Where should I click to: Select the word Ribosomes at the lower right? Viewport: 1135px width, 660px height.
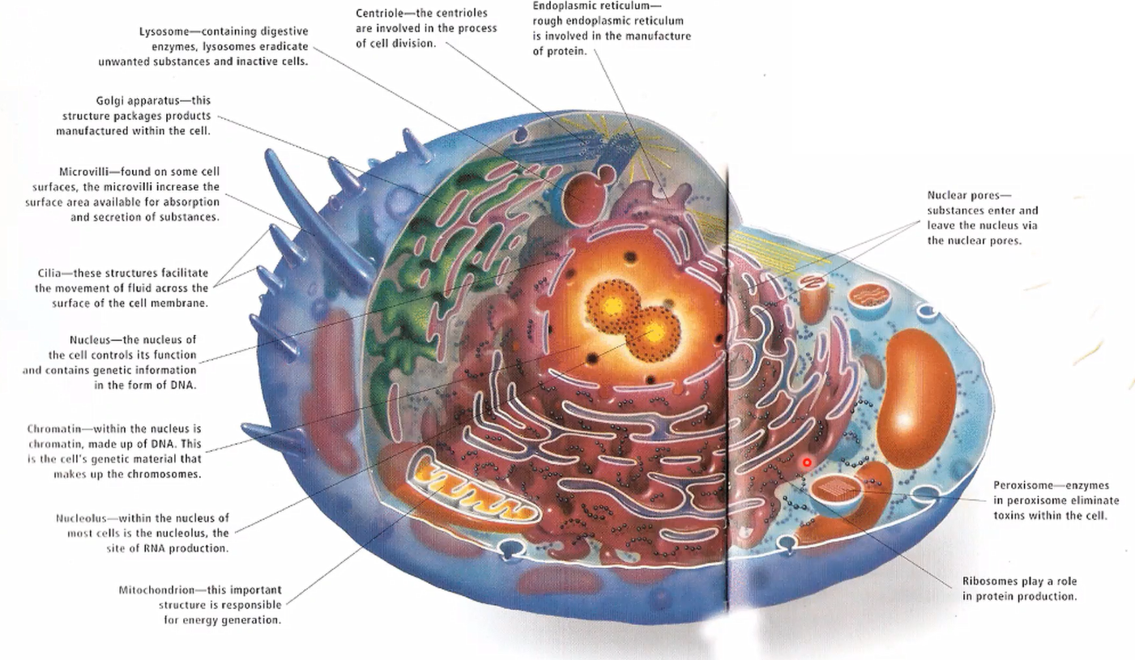coord(990,581)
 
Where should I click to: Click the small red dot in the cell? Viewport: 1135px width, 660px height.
coord(807,462)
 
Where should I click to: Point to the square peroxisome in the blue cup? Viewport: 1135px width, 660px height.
coord(833,488)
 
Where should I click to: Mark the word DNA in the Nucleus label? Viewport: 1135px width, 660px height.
coord(184,385)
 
